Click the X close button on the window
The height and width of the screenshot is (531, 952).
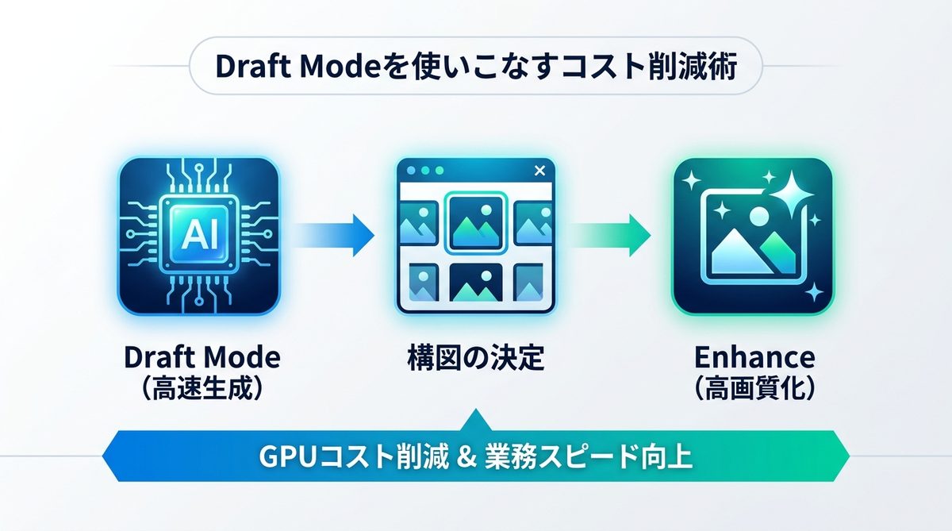coord(540,171)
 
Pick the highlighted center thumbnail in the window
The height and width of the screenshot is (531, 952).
coord(475,223)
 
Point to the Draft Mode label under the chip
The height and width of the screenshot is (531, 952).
coord(202,358)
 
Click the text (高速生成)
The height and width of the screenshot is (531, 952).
coord(202,390)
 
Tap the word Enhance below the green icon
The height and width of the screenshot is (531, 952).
coord(754,358)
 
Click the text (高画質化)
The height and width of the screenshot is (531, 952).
coord(754,390)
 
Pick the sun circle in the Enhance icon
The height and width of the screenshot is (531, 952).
coord(759,215)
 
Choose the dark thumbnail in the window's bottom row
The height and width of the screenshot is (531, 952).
coord(475,282)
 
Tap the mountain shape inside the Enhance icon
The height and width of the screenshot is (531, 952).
coord(742,252)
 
